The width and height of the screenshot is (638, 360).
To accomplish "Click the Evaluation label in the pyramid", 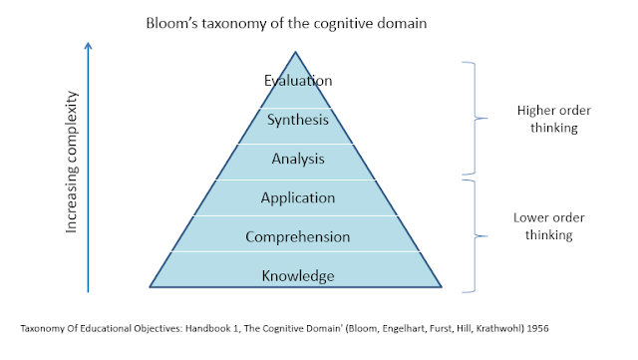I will tap(297, 81).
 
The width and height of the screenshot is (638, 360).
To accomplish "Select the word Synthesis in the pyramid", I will tap(297, 120).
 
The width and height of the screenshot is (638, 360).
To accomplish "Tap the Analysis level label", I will tap(297, 158).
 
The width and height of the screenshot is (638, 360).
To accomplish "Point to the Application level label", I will tap(297, 197).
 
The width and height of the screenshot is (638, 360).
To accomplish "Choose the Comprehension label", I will tap(297, 237).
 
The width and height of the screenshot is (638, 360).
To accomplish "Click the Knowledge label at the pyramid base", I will tap(297, 275).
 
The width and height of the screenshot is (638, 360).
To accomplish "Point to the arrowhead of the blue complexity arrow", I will tap(89, 45).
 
